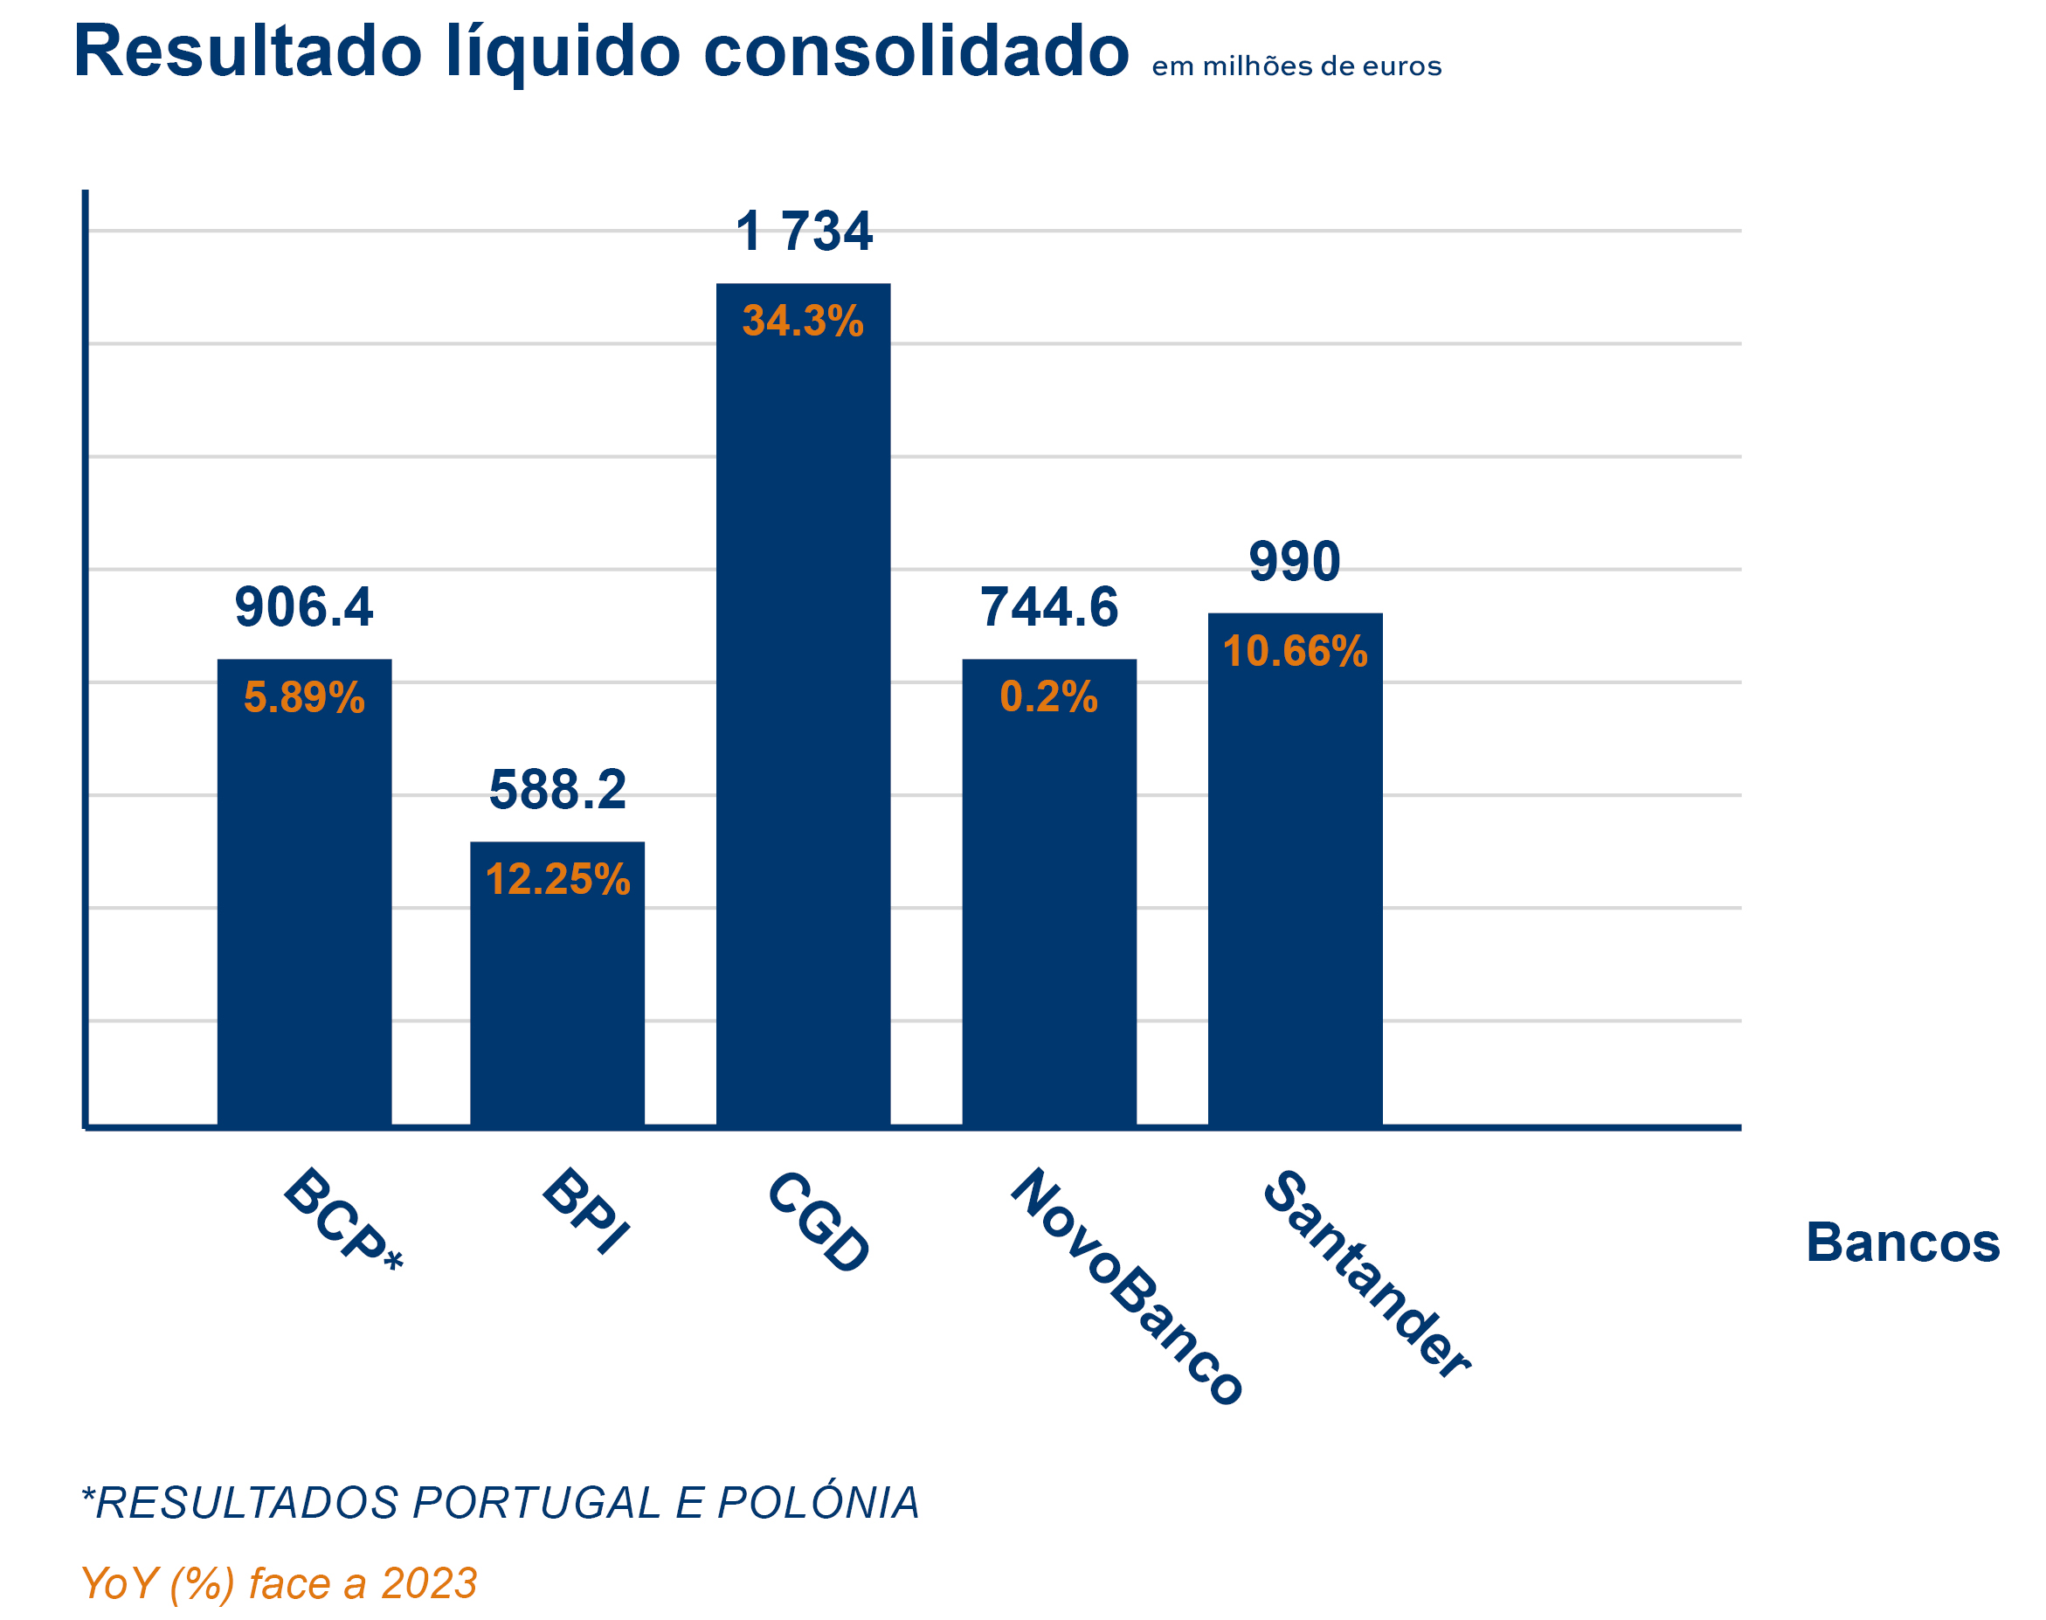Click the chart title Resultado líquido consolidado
coord(600,52)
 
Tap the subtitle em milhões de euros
coord(1295,66)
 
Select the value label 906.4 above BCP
coord(303,607)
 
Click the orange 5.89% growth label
coord(303,697)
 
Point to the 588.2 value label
coord(557,789)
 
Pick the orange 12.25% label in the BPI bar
coord(557,879)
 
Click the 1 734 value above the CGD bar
coord(803,232)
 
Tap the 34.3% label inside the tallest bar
coord(803,321)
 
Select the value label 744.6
coord(1048,607)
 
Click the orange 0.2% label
coord(1048,697)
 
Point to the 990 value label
coord(1294,562)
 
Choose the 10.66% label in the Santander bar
coord(1294,652)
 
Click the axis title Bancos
coord(1902,1243)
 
